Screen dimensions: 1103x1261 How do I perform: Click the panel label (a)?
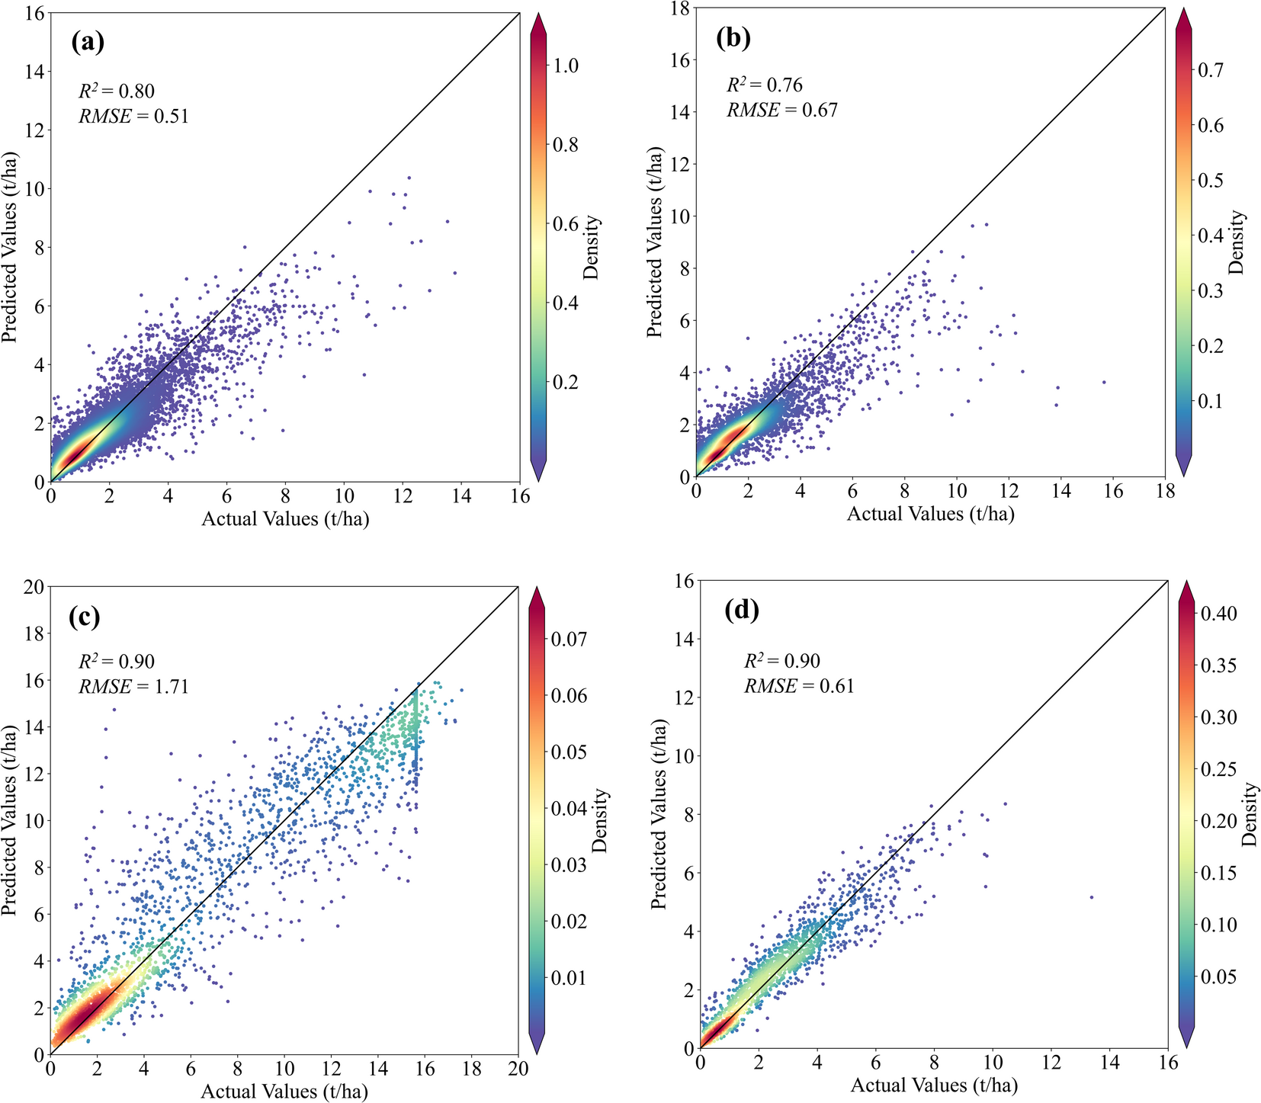(x=87, y=41)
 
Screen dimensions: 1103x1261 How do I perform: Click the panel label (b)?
(x=733, y=38)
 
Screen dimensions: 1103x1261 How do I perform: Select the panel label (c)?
(x=84, y=616)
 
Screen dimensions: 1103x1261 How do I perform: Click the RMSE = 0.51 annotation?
(x=133, y=116)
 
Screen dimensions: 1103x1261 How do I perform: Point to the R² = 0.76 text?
(x=764, y=85)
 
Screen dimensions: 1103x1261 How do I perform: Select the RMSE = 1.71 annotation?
(x=133, y=687)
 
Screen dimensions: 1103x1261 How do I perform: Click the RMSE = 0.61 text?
(x=799, y=686)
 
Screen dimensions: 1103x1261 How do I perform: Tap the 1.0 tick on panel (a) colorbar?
(x=565, y=66)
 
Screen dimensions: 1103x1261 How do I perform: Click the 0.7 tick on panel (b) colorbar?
(x=1211, y=70)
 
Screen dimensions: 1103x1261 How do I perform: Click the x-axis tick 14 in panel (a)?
(x=460, y=496)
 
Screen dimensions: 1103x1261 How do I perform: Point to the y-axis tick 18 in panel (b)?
(x=679, y=8)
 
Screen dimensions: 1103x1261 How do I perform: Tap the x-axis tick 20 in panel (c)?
(x=518, y=1069)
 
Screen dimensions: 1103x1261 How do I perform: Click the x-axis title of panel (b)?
(x=930, y=515)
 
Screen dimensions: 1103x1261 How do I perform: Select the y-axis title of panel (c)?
(x=11, y=819)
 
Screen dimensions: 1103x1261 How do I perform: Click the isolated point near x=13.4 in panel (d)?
(x=1092, y=897)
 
